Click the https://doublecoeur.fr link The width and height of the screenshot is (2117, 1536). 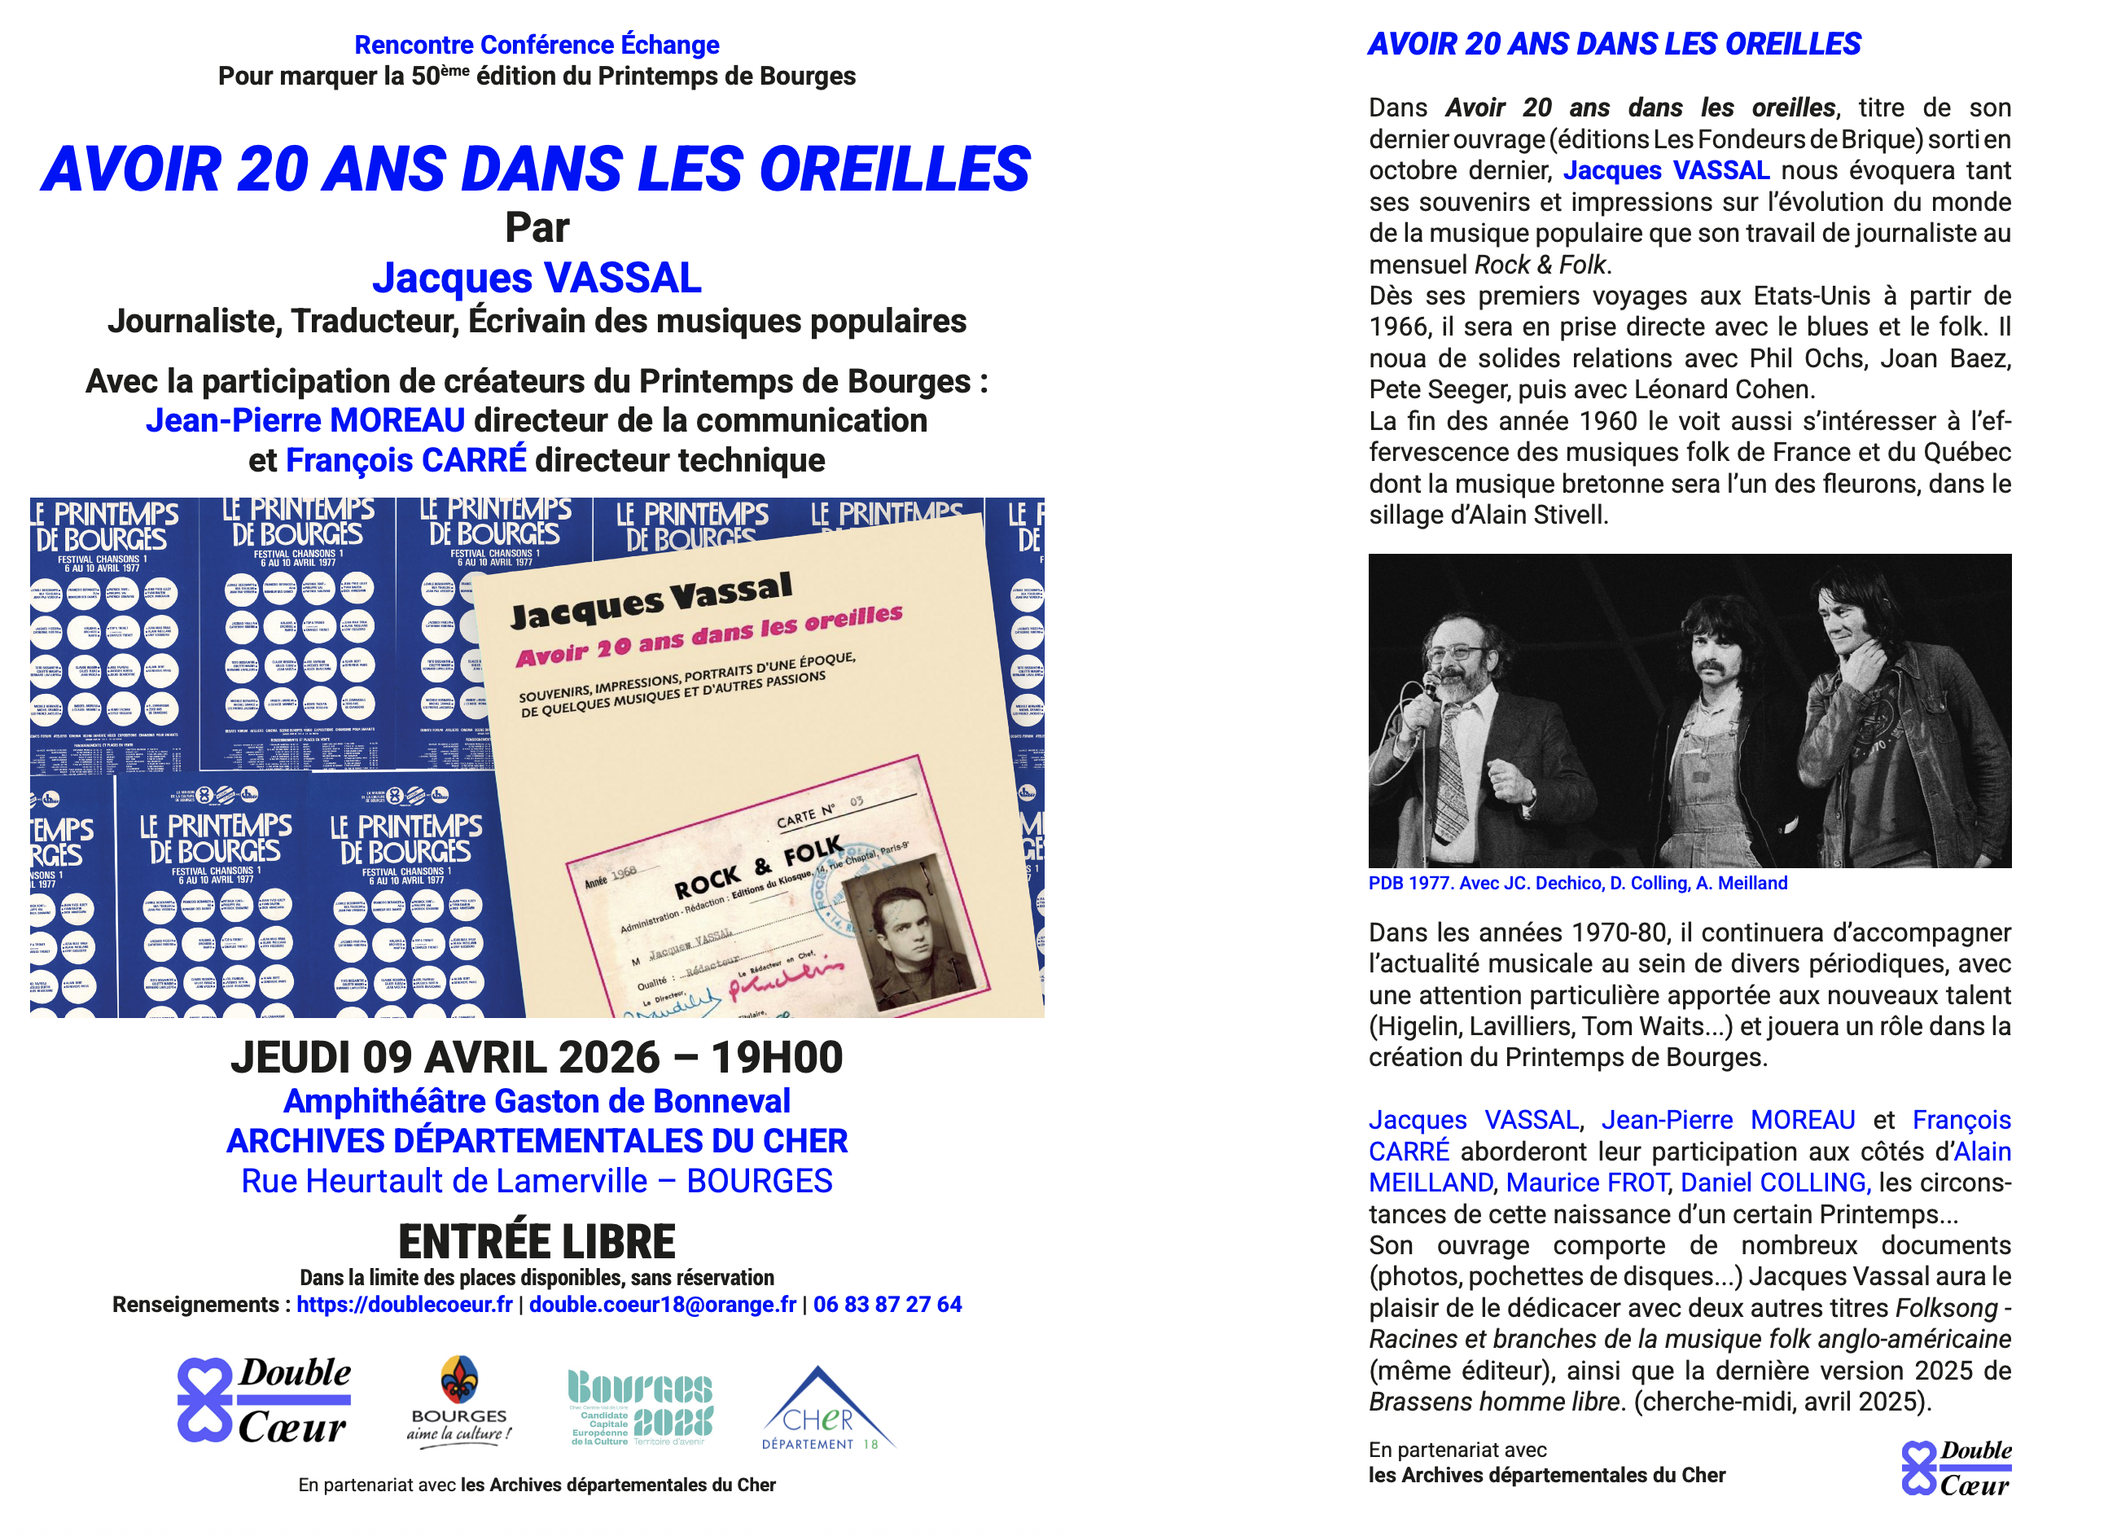pyautogui.click(x=404, y=1305)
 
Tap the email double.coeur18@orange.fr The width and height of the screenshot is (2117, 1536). pyautogui.click(x=663, y=1305)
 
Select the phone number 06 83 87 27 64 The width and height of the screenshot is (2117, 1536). pyautogui.click(x=887, y=1305)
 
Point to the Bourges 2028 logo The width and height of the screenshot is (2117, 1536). pyautogui.click(x=640, y=1408)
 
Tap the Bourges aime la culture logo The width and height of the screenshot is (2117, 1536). pyautogui.click(x=459, y=1403)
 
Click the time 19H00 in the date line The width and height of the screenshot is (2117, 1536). pyautogui.click(x=777, y=1058)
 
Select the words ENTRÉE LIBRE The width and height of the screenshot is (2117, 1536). pyautogui.click(x=537, y=1242)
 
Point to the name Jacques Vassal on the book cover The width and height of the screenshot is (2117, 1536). pyautogui.click(x=651, y=600)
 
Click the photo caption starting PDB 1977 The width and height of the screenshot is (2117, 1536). pyautogui.click(x=1577, y=884)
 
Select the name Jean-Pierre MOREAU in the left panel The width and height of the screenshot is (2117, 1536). pyautogui.click(x=305, y=421)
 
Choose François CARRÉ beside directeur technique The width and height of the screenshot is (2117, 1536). pyautogui.click(x=406, y=460)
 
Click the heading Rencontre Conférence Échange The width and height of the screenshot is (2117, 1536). pyautogui.click(x=537, y=45)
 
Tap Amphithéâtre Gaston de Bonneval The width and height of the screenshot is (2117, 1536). pyautogui.click(x=537, y=1102)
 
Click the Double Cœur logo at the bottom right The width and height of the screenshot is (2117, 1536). pyautogui.click(x=1956, y=1468)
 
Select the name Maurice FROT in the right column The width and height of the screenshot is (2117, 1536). pyautogui.click(x=1587, y=1183)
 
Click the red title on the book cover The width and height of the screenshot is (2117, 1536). pyautogui.click(x=709, y=636)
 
